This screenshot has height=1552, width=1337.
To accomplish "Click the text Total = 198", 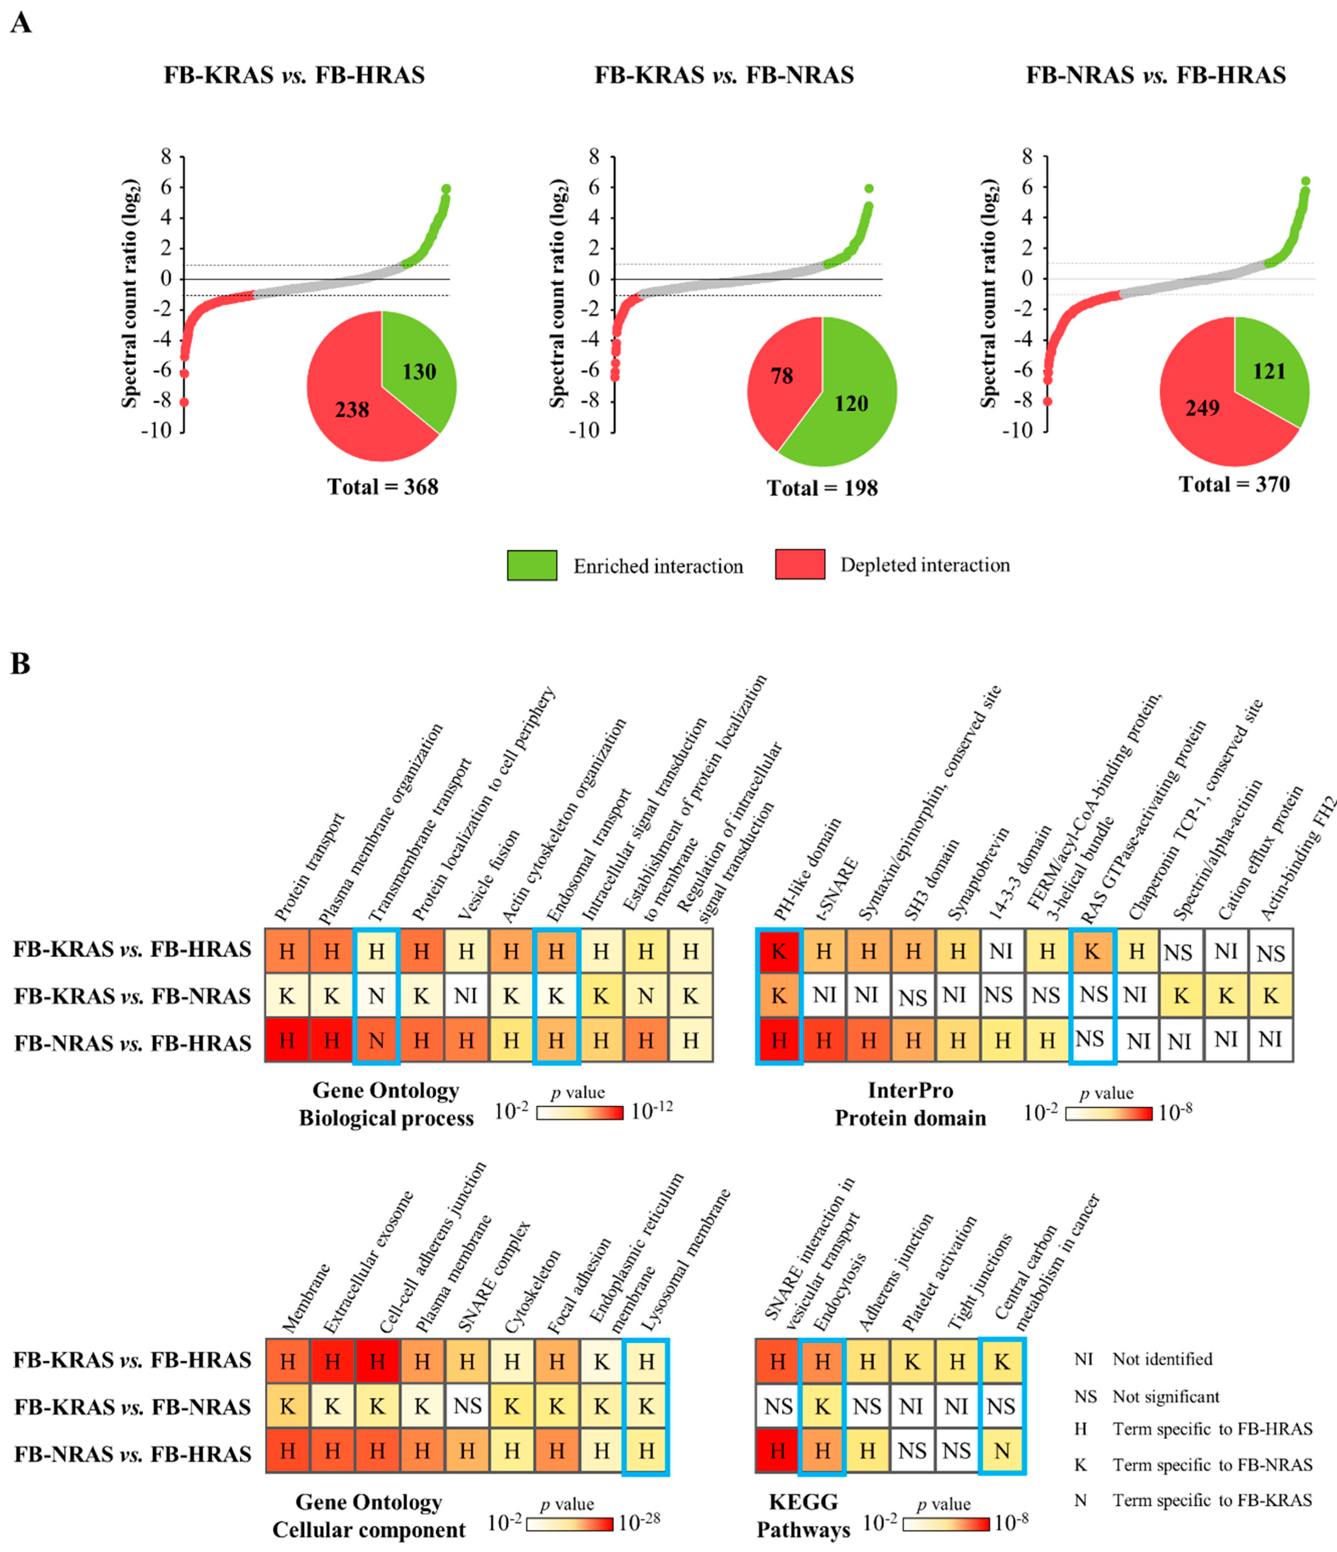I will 822,488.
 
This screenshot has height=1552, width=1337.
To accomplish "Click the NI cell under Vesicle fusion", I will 466,996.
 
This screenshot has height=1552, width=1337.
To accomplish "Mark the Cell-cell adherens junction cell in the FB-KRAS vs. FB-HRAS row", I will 377,1361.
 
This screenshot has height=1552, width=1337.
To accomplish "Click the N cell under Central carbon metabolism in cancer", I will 1001,1451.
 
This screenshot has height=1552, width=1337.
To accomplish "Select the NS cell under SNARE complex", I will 467,1406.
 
